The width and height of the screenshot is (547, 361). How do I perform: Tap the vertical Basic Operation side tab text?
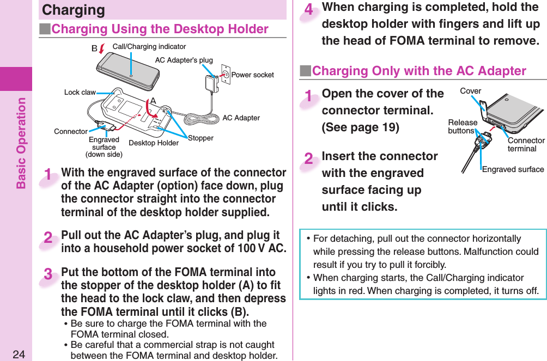coord(21,143)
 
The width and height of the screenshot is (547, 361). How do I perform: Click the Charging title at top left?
coord(74,10)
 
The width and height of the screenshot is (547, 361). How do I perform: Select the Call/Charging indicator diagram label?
coord(149,47)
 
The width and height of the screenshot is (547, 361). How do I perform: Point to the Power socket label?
coord(252,75)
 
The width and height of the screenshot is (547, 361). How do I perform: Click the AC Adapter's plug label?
coord(184,60)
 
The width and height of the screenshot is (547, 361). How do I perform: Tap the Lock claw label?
coord(80,93)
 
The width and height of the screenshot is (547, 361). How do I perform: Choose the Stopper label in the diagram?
coord(200,138)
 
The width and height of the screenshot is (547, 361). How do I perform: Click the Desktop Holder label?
coord(154,143)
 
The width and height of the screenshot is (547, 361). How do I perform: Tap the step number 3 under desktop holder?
coord(48,275)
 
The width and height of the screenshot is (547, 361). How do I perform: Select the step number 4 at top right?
coord(308,10)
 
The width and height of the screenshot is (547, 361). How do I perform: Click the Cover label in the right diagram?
coord(471,91)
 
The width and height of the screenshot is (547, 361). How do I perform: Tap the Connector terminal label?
coord(526,144)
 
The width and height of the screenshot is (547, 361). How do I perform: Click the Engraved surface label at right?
coord(513,169)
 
